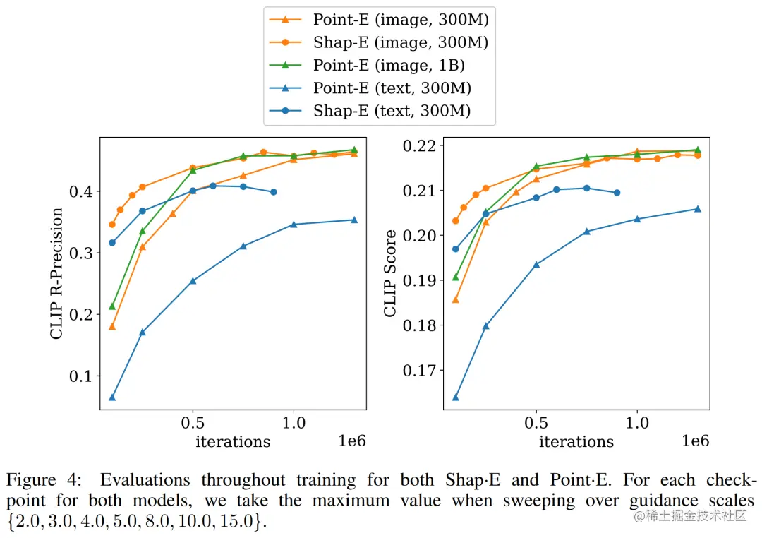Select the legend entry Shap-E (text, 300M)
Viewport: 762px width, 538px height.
[x=392, y=111]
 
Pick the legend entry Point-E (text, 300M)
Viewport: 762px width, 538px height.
[x=392, y=88]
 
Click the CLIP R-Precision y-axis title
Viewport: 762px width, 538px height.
[x=57, y=273]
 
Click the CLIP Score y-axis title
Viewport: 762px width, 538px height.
[x=390, y=273]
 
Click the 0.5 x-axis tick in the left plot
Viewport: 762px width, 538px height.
[x=193, y=423]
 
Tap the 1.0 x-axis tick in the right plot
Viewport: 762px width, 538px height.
[x=637, y=423]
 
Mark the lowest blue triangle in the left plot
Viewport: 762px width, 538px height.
[x=112, y=397]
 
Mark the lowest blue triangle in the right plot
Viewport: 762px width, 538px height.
[x=456, y=397]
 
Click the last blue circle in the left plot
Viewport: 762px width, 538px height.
[x=274, y=192]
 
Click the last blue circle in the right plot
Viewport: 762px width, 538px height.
[x=617, y=193]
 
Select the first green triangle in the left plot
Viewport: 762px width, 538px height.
[x=112, y=306]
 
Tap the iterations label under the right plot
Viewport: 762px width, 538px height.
[x=576, y=442]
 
